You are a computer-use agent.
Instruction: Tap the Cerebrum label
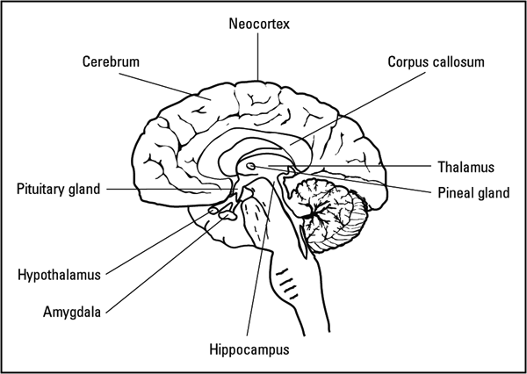[x=112, y=62]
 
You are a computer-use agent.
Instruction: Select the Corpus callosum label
[x=436, y=62]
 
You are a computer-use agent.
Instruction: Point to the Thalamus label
[x=466, y=166]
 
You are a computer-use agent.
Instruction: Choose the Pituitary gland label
[x=59, y=188]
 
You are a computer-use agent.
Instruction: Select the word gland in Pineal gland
[x=492, y=193]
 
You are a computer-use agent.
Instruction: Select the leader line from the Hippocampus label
[x=256, y=281]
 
